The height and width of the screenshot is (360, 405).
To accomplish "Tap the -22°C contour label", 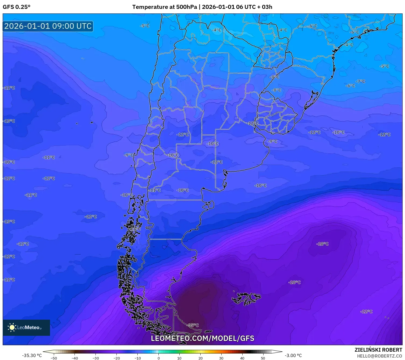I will click(366, 312).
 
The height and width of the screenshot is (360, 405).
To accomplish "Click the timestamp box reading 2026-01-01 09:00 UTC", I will click(48, 26).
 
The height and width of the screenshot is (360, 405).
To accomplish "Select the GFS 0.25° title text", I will click(16, 7).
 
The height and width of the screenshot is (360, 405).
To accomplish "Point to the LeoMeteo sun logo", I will click(12, 327).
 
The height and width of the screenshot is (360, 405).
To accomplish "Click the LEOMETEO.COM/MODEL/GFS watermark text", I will click(202, 338).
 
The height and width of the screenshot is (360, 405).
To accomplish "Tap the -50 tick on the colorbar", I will click(54, 358).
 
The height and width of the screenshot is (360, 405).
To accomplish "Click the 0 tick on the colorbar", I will click(158, 358).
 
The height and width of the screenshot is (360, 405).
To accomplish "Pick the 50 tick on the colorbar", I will click(263, 358).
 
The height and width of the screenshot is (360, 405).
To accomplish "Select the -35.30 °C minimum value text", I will click(32, 355).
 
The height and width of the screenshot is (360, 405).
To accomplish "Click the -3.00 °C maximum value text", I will click(293, 355).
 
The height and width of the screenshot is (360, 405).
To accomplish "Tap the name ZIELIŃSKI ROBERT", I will click(378, 350).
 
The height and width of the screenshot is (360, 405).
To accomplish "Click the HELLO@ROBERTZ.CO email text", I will click(379, 356).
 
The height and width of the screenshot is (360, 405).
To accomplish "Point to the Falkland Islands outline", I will click(246, 298).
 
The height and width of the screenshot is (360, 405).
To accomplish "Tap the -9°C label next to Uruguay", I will click(272, 141).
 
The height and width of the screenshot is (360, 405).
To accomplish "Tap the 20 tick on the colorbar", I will click(200, 358).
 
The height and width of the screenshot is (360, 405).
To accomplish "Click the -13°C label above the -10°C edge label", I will click(9, 121).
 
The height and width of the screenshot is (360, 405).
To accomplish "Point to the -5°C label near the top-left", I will click(145, 26).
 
